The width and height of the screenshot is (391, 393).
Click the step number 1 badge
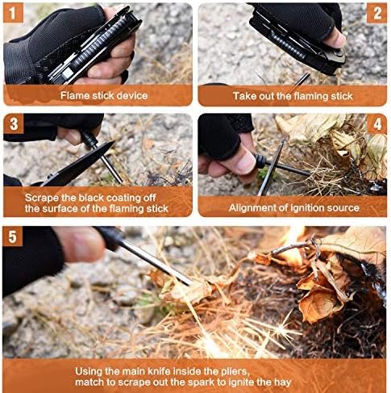click(x=13, y=13)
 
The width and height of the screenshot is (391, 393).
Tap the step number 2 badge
click(x=377, y=13)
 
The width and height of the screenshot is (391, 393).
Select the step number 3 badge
click(x=14, y=123)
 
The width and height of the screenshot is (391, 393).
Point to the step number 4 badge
click(x=377, y=124)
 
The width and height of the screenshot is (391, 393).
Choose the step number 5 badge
click(x=13, y=236)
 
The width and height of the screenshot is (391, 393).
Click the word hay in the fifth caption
click(x=283, y=383)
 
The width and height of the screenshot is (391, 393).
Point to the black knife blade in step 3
click(x=78, y=165)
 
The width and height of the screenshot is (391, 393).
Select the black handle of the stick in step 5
click(x=110, y=236)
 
